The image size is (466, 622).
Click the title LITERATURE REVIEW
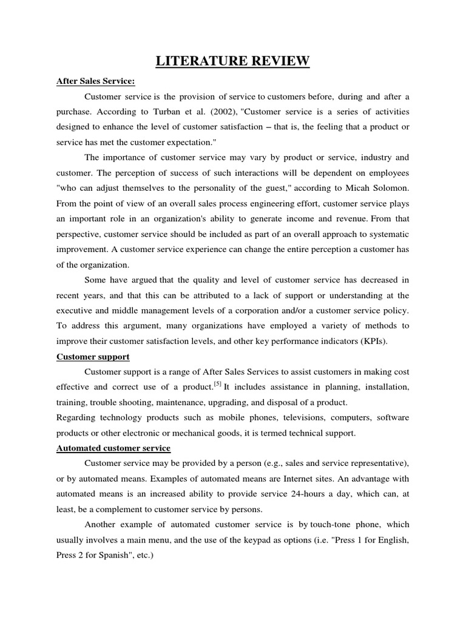point(232,61)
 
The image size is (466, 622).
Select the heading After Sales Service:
point(95,81)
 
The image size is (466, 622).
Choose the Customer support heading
point(93,357)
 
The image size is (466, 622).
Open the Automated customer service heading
point(113,448)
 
